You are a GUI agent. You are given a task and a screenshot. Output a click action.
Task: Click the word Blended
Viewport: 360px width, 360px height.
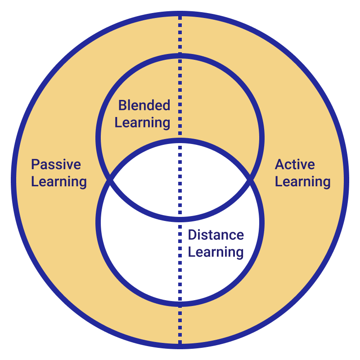pos(144,105)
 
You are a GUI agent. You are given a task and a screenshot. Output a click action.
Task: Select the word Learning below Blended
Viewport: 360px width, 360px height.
pos(142,123)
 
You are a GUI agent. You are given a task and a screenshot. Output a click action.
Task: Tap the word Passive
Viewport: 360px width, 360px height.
pos(56,164)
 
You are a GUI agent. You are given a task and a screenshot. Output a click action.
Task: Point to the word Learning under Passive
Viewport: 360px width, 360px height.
pos(59,182)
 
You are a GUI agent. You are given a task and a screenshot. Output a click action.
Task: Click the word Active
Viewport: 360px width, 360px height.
pos(295,164)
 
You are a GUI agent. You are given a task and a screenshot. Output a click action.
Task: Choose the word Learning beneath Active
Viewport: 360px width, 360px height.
pos(303,182)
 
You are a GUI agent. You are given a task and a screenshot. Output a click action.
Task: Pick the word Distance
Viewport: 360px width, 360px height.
pos(216,235)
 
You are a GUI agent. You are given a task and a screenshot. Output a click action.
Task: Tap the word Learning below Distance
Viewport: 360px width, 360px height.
pos(216,252)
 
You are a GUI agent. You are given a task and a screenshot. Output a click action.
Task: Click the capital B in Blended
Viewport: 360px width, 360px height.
pos(122,105)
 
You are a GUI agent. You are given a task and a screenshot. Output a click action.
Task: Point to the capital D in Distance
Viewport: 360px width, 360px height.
pos(193,235)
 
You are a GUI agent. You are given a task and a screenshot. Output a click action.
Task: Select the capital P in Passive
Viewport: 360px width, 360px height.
pos(36,164)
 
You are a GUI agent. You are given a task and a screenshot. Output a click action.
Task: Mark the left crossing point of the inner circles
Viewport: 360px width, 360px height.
pos(110,180)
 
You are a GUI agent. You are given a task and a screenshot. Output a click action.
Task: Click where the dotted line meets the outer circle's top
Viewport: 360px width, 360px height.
pos(180,13)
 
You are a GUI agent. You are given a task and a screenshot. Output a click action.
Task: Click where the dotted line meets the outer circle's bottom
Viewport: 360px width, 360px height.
pos(180,346)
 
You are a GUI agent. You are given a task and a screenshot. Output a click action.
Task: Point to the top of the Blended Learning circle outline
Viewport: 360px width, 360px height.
pos(180,56)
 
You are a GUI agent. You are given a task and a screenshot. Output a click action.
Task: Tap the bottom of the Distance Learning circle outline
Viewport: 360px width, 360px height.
pos(180,304)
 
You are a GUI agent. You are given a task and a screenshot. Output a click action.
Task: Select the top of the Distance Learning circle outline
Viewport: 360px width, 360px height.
pos(180,140)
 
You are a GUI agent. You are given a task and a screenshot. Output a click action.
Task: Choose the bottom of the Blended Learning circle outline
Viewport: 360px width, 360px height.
pos(180,220)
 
